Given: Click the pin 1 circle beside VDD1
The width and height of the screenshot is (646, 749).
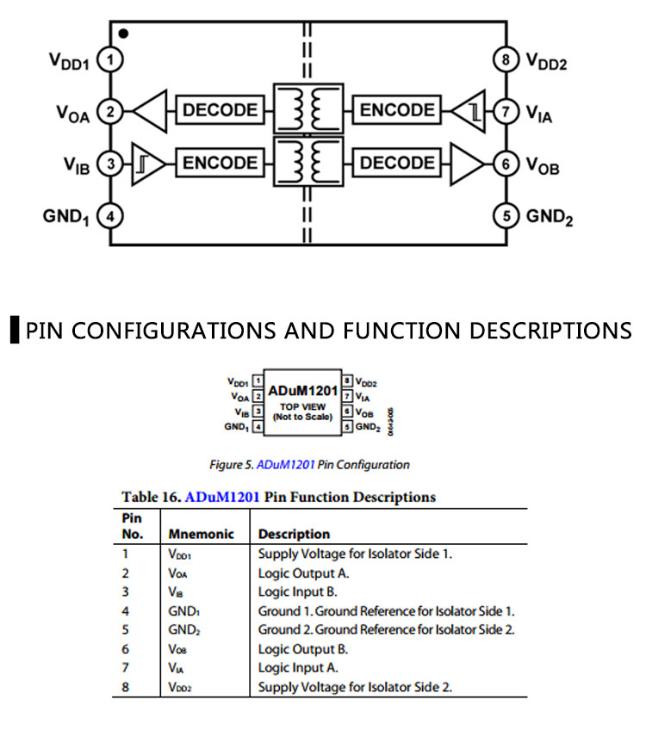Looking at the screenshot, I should [110, 60].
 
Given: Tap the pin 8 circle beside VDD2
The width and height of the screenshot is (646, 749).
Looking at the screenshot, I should [506, 60].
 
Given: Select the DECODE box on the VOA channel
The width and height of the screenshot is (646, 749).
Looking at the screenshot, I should [220, 110].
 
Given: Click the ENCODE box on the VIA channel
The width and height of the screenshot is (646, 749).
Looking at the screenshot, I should [397, 110].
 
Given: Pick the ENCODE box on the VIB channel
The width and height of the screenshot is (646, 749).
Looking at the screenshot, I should [220, 163].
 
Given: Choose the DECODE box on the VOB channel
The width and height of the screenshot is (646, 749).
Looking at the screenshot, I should [397, 163].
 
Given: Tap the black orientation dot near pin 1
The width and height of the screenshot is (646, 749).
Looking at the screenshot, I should [124, 34].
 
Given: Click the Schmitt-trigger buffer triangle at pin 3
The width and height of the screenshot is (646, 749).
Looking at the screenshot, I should [145, 163].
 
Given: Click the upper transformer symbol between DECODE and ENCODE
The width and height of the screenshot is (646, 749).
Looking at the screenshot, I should [307, 110].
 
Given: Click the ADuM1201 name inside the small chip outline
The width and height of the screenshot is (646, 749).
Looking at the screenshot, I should [302, 390].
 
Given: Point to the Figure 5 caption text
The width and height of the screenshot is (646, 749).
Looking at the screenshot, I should [309, 465].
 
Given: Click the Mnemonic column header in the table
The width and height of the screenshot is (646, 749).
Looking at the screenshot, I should [201, 534].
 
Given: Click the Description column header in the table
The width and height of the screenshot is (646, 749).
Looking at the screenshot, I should [294, 534].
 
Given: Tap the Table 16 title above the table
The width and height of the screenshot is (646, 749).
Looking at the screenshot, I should [278, 497].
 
